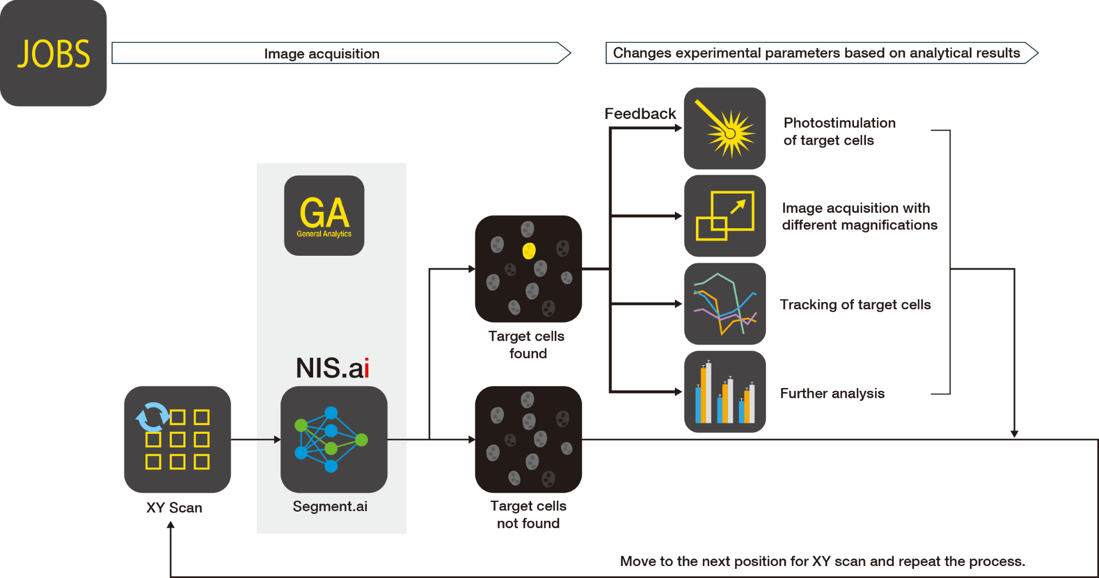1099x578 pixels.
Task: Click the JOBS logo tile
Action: coord(53,53)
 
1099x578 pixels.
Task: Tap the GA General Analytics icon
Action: coord(324,215)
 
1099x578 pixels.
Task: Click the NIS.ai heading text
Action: coord(332,368)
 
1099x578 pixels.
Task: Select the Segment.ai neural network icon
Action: coord(333,439)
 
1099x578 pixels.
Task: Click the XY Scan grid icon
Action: coord(177,440)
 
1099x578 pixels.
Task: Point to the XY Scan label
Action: coord(174,508)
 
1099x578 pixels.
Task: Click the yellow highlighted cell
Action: coord(529,251)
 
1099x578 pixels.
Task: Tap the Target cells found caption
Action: coord(527,345)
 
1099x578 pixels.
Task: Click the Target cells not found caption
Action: coord(528,514)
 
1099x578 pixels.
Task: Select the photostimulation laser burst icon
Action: coord(725,129)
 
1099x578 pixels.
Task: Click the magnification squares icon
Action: coord(725,216)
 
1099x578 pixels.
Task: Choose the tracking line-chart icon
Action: coord(725,304)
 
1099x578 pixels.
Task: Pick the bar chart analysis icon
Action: coord(725,392)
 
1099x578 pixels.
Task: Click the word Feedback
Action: coord(640,113)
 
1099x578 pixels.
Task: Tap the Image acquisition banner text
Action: coord(322,54)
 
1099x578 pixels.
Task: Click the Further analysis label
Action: coord(832,393)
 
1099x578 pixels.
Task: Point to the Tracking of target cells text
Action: coord(855,304)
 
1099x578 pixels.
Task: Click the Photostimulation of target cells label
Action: coord(839,132)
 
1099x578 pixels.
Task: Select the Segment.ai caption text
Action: coord(330,506)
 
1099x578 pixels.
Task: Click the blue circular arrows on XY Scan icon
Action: coord(152,417)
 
